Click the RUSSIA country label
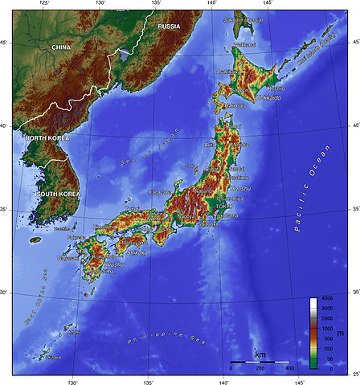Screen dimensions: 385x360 coord(169,27)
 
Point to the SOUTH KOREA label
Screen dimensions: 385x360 coord(57,195)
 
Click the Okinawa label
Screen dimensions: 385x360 coord(55,357)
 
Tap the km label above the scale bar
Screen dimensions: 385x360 coord(260,354)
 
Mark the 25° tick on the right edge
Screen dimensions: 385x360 coord(355,375)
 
